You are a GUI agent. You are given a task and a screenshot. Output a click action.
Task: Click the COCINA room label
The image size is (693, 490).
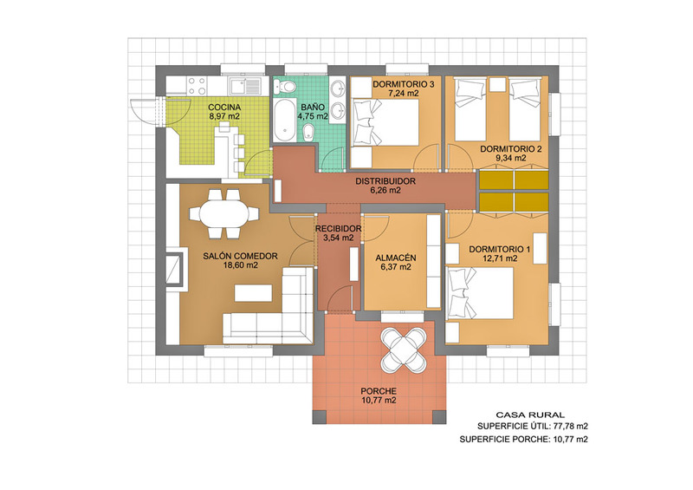224,108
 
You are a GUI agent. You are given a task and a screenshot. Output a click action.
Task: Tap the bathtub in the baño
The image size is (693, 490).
284,120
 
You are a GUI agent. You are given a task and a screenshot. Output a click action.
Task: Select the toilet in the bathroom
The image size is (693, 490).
284,87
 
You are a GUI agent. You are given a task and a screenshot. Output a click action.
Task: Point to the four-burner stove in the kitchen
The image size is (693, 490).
197,86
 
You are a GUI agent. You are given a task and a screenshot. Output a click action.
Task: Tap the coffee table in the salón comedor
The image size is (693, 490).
253,293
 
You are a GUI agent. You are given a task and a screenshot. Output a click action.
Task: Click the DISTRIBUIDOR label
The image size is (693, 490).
385,181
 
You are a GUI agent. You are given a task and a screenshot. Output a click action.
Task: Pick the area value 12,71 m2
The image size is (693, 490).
500,258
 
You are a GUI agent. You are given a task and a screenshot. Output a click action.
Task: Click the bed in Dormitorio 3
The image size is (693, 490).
385,122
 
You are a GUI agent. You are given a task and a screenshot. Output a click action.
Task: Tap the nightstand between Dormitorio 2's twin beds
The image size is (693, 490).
497,84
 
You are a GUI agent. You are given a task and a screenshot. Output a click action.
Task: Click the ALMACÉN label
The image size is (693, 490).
396,258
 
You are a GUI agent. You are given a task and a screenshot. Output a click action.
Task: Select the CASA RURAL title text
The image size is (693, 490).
530,415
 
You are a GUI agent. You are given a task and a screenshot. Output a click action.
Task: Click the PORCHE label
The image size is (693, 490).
379,391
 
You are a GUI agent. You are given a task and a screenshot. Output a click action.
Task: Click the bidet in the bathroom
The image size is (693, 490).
308,132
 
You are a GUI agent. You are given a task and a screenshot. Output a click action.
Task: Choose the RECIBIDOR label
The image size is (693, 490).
338,229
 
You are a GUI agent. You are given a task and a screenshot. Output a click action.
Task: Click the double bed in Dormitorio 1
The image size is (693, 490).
480,293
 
